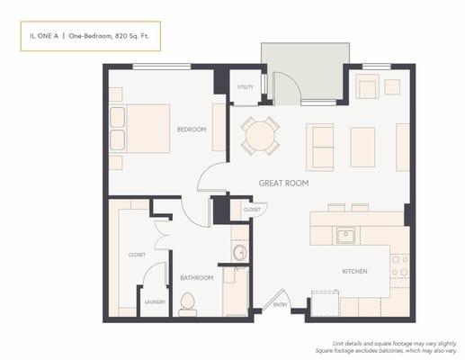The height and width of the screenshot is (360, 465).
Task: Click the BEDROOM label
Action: point(192,130)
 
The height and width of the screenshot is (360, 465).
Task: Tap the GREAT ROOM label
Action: point(283,183)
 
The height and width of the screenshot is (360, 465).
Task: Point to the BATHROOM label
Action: point(196,278)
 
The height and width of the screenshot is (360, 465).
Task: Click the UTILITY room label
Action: point(245,87)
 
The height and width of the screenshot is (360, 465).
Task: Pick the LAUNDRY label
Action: point(155,301)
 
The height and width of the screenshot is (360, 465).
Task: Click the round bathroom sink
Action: point(239,252)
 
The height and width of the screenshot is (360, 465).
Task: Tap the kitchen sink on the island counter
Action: point(346,236)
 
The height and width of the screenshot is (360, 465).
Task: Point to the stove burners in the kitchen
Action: point(400,265)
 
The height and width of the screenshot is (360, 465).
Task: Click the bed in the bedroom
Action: point(139,128)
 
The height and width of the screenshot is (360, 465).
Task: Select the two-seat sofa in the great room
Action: point(320,146)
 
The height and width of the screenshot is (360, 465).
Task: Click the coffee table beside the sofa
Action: point(362,146)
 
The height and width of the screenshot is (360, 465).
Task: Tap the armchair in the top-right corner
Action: point(367,87)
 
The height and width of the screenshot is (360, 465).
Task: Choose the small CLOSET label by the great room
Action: point(252,210)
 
